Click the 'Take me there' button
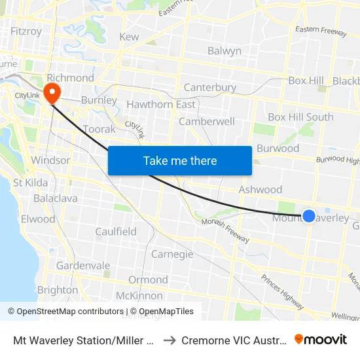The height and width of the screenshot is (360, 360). tap(180, 161)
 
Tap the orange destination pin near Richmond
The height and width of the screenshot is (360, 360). tap(50, 90)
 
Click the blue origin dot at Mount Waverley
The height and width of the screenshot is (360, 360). tap(309, 215)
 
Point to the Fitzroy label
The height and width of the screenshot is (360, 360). tap(26, 31)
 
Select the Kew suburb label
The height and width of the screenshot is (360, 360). tap(129, 37)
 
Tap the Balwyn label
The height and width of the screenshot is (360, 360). tap(225, 51)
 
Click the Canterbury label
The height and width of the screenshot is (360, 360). tap(209, 88)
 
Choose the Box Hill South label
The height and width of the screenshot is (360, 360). tap(300, 117)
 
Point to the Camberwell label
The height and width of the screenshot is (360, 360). tap(206, 122)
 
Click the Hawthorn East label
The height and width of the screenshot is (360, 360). tap(161, 105)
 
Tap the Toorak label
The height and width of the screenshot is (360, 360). tap(99, 130)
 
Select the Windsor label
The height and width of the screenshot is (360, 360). tap(50, 160)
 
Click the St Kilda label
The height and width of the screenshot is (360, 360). tap(27, 183)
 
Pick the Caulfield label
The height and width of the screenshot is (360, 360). tap(116, 232)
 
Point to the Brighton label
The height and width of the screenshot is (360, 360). tap(58, 290)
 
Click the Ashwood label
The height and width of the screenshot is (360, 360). tap(260, 190)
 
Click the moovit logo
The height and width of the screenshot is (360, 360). tap(321, 339)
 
